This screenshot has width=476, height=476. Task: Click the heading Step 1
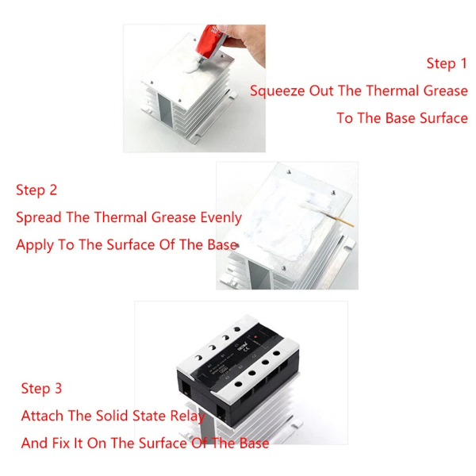(x=447, y=63)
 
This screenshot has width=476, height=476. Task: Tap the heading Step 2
(x=36, y=190)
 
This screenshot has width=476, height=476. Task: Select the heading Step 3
(x=41, y=389)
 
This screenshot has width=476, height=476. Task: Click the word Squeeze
(x=277, y=91)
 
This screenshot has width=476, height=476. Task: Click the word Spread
(x=39, y=218)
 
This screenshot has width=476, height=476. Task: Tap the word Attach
(x=42, y=416)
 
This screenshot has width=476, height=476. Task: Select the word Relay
(x=187, y=416)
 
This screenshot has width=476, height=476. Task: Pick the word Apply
(x=35, y=245)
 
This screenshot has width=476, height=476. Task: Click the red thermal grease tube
(x=210, y=43)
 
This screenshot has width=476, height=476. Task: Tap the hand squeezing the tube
(x=245, y=43)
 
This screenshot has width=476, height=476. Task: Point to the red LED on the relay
(x=255, y=337)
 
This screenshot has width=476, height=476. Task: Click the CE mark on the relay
(x=247, y=349)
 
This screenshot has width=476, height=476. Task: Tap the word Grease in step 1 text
(x=445, y=91)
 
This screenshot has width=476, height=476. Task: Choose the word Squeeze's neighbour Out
(x=321, y=91)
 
